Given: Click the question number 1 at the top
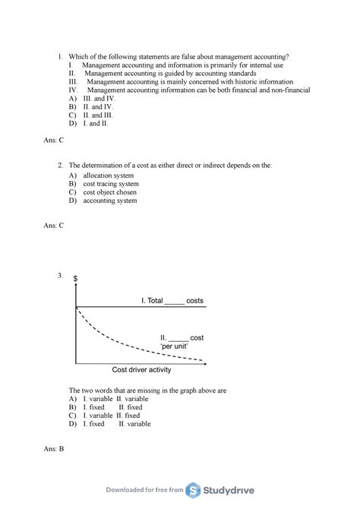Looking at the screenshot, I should coord(60,57).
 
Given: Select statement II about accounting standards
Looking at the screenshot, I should coord(170,74).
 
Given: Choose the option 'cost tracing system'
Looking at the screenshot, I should coord(111,184).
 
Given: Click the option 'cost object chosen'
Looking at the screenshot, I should coord(110,192).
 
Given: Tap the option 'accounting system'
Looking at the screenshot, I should coord(110,201).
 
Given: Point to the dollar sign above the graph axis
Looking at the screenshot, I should coord(75,280).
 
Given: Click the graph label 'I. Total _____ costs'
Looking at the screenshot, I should coord(172,301).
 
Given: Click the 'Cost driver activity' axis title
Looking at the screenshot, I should coord(142,370).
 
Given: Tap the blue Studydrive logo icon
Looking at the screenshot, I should coord(195,490).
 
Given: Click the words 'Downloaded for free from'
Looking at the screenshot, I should coord(146,491).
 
